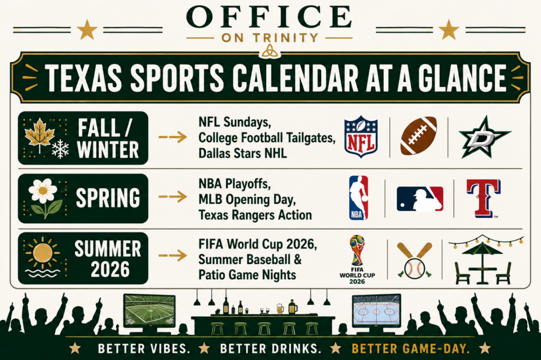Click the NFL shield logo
(361, 137)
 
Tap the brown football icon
(418, 136)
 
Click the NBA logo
(359, 198)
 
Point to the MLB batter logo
(420, 199)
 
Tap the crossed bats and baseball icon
(414, 260)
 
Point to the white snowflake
(60, 149)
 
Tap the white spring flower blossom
(43, 191)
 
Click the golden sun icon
(43, 253)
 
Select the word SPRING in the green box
(108, 198)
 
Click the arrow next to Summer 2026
(173, 255)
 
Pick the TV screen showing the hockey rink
(376, 311)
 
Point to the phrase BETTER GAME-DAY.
(411, 348)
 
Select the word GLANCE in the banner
(462, 78)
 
